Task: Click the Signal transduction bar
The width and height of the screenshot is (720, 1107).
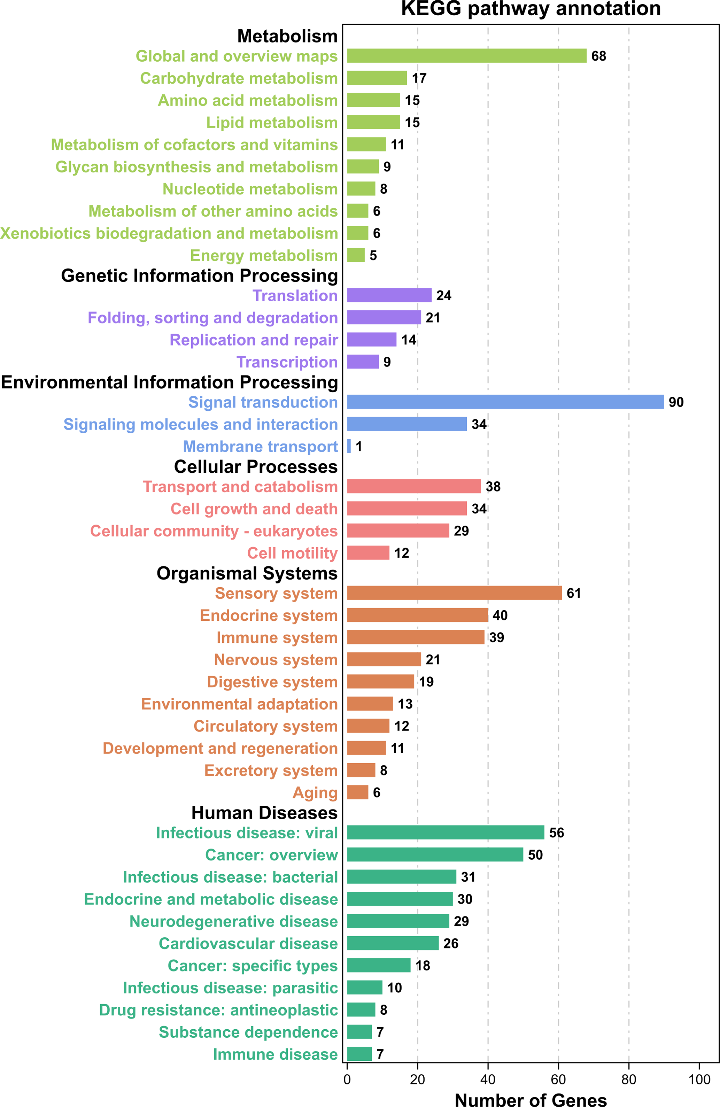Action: [x=505, y=402]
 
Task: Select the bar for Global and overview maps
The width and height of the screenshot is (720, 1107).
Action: [x=466, y=56]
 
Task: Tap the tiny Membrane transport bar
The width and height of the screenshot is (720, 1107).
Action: [x=349, y=446]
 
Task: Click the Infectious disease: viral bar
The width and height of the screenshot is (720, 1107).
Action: [x=445, y=832]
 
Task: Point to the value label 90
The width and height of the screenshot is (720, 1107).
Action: [x=676, y=402]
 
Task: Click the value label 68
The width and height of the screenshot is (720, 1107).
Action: [x=598, y=56]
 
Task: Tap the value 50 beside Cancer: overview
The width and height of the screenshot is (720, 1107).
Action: [x=535, y=855]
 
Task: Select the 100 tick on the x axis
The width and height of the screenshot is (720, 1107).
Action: [x=699, y=1079]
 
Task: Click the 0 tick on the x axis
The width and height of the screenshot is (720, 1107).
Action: [x=347, y=1079]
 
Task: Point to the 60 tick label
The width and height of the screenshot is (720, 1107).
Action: [x=558, y=1079]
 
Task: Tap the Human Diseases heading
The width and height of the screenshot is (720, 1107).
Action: [x=264, y=813]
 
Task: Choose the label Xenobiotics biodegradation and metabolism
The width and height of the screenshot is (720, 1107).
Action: [x=169, y=233]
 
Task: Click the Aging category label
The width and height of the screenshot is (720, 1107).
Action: [x=315, y=792]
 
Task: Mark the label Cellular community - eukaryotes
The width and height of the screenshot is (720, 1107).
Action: [x=214, y=531]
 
